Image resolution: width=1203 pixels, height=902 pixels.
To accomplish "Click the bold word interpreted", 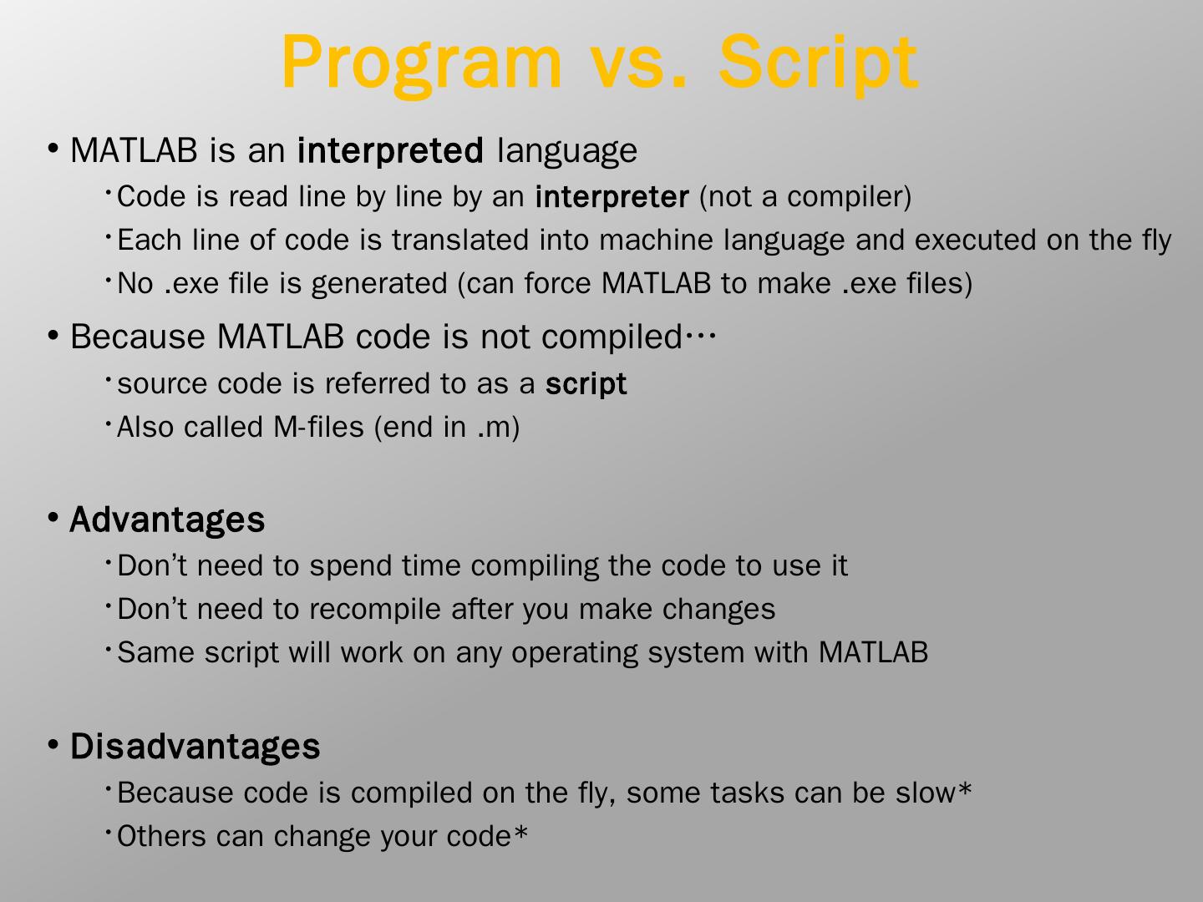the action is tap(390, 150).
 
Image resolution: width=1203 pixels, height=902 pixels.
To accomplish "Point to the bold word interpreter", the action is tap(612, 196).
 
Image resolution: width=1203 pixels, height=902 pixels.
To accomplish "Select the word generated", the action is tap(379, 284).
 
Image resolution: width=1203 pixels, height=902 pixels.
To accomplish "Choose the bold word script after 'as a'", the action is tap(586, 384).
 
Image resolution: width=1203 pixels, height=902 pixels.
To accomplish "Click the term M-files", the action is tap(318, 427).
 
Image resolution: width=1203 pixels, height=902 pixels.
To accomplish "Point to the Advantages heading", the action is tap(167, 519).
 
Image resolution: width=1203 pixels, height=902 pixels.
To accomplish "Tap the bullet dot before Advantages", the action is tap(53, 517).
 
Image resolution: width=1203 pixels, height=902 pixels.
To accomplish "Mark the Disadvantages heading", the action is tap(195, 746).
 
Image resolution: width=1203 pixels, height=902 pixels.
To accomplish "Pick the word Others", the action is tap(162, 836).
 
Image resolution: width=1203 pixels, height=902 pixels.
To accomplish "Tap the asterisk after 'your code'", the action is tap(520, 832).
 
